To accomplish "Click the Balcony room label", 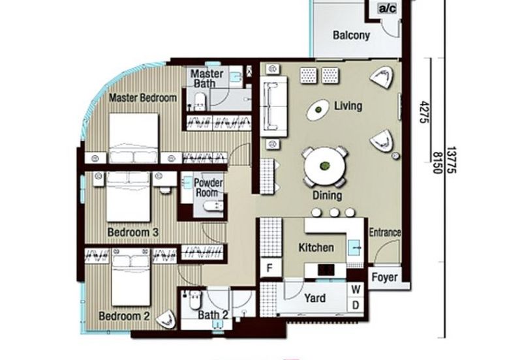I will pos(351,35).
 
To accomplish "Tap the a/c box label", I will pos(388,9).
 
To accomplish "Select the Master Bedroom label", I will pos(142,98).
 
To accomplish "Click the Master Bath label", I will pos(207,79).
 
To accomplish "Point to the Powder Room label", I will pos(209,188).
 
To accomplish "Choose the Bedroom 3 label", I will pos(133,232).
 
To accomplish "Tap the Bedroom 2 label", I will pos(125,317).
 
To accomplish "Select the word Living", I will pos(348,106).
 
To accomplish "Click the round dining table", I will pos(324,166).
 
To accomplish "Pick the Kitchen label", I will pos(316,248).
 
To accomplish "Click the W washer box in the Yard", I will pos(356,288).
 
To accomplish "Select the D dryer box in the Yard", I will pos(356,305).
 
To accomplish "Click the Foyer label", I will pos(384,278).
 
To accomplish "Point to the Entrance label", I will pos(385,233).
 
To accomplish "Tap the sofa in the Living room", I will pos(274,106).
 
